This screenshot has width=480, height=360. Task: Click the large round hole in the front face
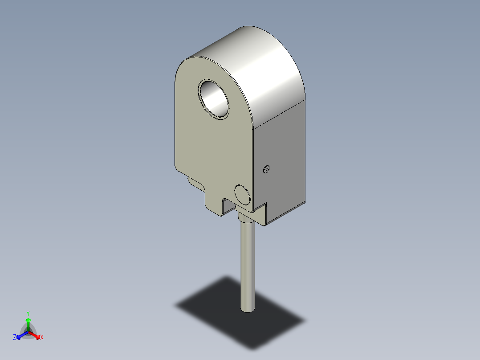pos(213,99)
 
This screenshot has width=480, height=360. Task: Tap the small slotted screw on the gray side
pos(266,169)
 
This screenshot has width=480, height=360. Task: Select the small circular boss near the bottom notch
pos(242,195)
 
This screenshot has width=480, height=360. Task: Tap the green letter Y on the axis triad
pos(28,313)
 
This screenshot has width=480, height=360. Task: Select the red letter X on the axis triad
pos(42,337)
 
